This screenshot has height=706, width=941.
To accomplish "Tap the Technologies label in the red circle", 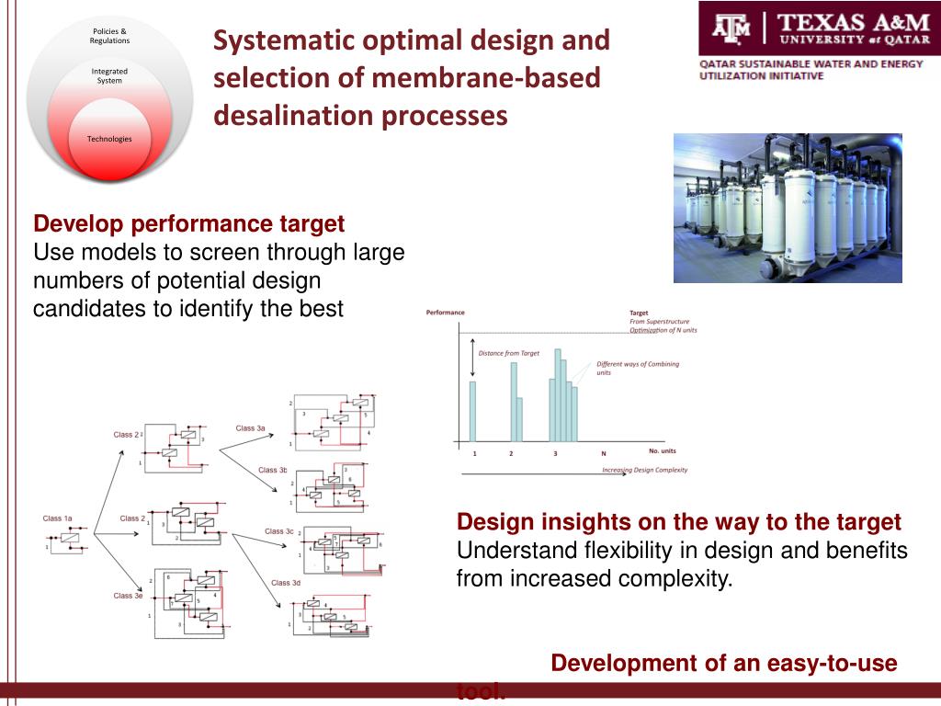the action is point(109,139).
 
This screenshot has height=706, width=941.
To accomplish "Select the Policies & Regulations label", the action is point(109,36).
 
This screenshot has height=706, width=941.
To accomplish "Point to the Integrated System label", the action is point(109,75).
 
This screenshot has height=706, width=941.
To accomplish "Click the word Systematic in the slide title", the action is point(278,40).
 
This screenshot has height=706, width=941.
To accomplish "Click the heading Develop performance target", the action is point(188,223).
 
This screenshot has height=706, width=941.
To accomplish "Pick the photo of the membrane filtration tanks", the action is point(788,208).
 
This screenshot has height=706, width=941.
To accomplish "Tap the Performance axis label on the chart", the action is point(445,313).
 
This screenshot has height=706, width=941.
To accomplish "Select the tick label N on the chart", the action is point(604,454).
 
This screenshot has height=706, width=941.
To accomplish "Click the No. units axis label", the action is point(662,450).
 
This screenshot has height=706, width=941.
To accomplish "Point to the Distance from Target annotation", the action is point(509,353).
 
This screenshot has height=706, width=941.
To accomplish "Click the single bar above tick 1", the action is point(473,411).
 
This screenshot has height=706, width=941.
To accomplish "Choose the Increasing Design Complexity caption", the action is point(644,470).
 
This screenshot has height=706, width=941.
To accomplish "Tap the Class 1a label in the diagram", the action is point(57,518).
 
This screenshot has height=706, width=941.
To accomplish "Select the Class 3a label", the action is point(250,428).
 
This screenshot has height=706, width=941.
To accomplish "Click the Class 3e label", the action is point(128,596).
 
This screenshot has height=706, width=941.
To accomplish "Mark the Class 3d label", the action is point(286,583).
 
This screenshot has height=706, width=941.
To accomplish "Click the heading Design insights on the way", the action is point(678,522).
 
